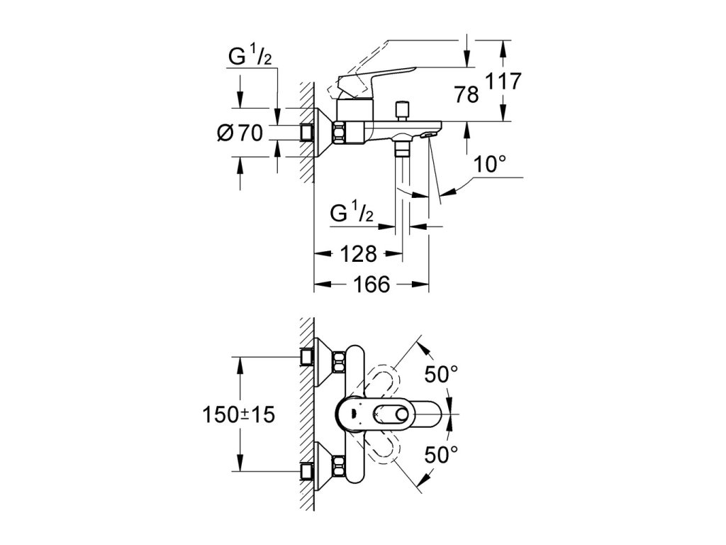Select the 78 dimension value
pyautogui.click(x=466, y=95)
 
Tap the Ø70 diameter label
pyautogui.click(x=240, y=133)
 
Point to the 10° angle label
pyautogui.click(x=489, y=164)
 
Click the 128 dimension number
pyautogui.click(x=358, y=253)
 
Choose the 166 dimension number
pyautogui.click(x=372, y=284)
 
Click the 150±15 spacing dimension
pyautogui.click(x=238, y=414)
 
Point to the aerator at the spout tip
pyautogui.click(x=428, y=136)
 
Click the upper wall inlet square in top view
pyautogui.click(x=307, y=357)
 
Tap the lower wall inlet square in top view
pyautogui.click(x=307, y=472)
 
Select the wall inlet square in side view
pyautogui.click(x=307, y=133)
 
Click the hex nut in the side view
pyautogui.click(x=339, y=133)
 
